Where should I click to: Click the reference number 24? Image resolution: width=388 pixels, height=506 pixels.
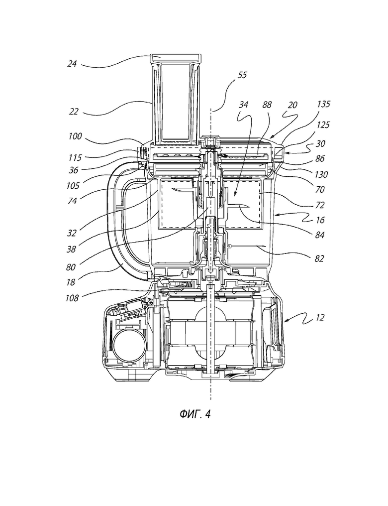coord(72,64)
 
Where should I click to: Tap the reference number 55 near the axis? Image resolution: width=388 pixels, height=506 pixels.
coord(242,75)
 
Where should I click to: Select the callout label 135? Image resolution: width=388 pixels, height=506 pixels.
coord(323,104)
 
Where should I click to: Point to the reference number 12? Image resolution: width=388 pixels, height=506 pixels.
coord(319,318)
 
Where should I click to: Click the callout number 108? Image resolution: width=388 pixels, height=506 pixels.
coord(72,298)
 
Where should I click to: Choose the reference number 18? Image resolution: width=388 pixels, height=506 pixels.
coord(71,282)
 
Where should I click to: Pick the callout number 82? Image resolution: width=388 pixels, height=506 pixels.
coord(319,259)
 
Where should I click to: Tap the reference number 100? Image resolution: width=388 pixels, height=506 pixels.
coord(75,136)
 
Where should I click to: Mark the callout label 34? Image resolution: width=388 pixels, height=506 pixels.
coord(244,105)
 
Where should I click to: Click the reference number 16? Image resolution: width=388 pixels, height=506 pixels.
coord(320,220)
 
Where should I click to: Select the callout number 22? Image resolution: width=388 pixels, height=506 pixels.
coord(74,112)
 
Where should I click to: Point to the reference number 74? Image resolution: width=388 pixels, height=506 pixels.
coord(72,200)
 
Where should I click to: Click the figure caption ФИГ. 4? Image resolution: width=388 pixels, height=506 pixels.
coord(195,414)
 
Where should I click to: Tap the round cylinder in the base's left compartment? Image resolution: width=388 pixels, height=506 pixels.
coord(128,345)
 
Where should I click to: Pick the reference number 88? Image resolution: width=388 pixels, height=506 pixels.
coord(267,105)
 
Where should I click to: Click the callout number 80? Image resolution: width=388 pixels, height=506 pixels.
coord(71,267)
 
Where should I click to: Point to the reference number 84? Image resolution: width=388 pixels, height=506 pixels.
coord(320,235)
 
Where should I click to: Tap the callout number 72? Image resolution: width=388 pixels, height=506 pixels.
coord(320,205)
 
